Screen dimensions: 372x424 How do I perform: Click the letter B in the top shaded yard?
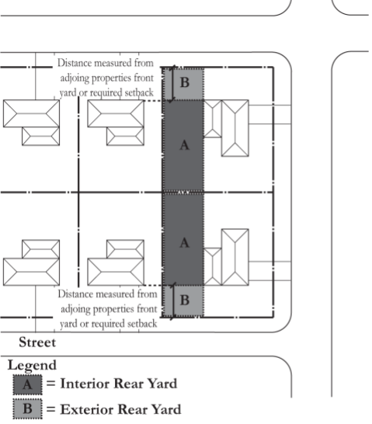tap(185, 82)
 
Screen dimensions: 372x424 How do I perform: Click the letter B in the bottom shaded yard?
tap(185, 301)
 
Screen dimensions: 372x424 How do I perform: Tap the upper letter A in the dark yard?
tap(184, 145)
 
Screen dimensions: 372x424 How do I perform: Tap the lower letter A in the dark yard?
tap(184, 242)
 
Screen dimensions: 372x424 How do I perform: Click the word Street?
tap(37, 342)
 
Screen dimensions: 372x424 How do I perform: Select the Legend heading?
tap(32, 366)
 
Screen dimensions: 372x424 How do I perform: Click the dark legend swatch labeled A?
tap(28, 384)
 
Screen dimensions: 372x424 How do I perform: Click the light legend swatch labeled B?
tap(28, 408)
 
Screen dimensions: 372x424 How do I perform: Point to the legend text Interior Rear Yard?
tap(119, 384)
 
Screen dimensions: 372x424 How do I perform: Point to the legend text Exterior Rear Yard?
tap(120, 409)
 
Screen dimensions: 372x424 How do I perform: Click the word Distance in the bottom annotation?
tap(75, 294)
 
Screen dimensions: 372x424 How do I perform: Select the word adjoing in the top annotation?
tap(75, 78)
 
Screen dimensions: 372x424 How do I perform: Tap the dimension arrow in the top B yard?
tap(173, 84)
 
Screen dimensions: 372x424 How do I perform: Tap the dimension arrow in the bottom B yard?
tap(173, 301)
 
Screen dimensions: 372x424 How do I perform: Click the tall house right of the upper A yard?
tap(235, 128)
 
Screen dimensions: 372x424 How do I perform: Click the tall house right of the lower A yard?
tap(235, 257)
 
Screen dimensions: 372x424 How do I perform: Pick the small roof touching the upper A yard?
tap(213, 119)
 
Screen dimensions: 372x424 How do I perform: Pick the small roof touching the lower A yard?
tap(213, 266)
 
